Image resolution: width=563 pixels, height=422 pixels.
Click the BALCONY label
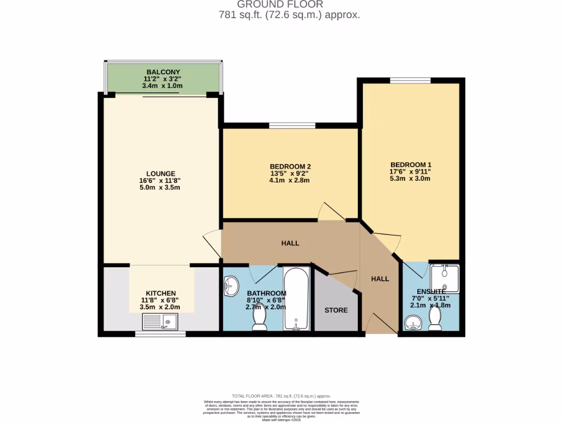(163, 72)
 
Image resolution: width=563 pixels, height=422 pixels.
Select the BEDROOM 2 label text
(290, 167)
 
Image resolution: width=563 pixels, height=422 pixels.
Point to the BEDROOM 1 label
(411, 165)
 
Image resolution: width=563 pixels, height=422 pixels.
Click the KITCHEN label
(161, 293)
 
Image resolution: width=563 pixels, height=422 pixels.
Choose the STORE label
(336, 310)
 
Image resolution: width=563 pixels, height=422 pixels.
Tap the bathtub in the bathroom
(297, 299)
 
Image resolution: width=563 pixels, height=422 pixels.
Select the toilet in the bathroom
(259, 320)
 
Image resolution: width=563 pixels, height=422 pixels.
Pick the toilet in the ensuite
(435, 318)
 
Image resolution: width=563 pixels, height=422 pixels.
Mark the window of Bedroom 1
(410, 81)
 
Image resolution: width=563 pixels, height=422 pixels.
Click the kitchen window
(152, 333)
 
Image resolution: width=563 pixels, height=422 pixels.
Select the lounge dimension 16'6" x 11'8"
(161, 181)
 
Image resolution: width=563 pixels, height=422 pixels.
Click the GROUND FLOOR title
(289, 4)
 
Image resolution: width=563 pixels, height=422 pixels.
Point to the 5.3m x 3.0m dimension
(411, 179)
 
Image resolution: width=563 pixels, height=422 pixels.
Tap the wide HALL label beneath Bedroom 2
(290, 243)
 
